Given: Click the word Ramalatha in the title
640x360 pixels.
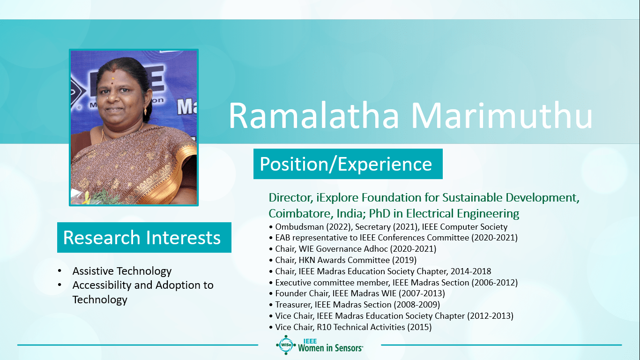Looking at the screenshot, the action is tap(313, 116).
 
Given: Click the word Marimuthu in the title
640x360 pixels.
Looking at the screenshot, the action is tap(502, 116).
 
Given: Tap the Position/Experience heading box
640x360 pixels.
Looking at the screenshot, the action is tap(348, 164).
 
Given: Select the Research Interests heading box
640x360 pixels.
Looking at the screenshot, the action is tap(144, 237).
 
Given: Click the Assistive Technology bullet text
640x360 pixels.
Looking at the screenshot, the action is tap(122, 271).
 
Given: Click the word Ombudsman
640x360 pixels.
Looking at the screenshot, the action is tap(299, 227).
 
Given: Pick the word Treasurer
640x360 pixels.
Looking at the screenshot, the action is tap(293, 305).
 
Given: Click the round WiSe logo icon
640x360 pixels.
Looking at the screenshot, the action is tap(286, 345).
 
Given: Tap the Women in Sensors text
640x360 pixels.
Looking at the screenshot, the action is tap(330, 348).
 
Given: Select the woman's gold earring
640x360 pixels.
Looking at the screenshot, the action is tap(146, 110).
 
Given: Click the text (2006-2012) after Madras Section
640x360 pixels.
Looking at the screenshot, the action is tap(495, 283).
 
